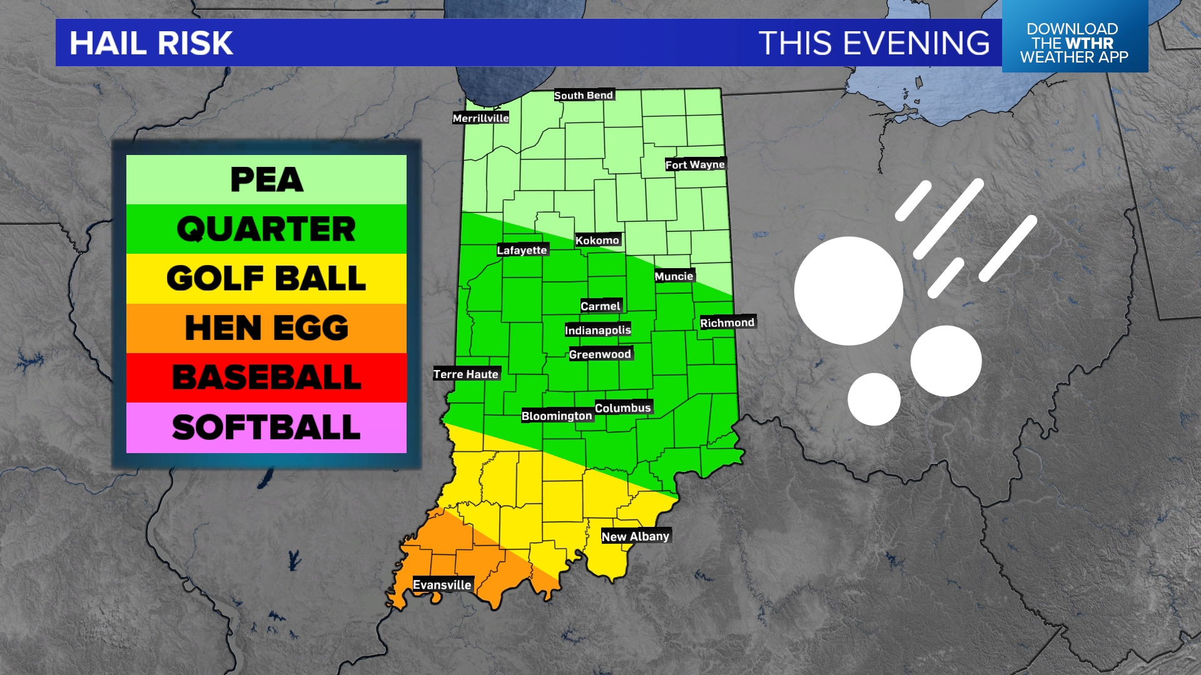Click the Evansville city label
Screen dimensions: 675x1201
pos(442,585)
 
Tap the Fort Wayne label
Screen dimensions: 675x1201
pos(695,164)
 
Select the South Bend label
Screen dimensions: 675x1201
pos(584,95)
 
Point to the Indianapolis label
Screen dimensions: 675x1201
pos(598,330)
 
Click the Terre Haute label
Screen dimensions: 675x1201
pos(466,374)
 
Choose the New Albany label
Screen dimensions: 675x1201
pos(636,536)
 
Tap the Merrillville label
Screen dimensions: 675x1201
pos(480,118)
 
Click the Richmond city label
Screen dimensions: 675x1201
pos(727,322)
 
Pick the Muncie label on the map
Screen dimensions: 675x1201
pos(674,276)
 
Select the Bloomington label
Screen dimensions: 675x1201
pos(557,416)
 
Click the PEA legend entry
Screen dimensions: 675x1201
pos(266,180)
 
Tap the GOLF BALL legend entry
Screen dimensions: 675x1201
pos(266,279)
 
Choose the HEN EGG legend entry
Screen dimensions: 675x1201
pos(266,328)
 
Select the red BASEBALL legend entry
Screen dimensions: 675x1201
pos(266,377)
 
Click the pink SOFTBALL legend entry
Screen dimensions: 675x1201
pos(266,427)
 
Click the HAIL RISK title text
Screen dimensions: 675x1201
pos(151,43)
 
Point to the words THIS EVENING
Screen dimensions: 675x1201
pos(874,43)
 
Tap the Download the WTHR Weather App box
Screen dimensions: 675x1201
pos(1075,42)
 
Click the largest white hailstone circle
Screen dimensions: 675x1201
pos(849,291)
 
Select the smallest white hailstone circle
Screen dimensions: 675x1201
pos(874,399)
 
